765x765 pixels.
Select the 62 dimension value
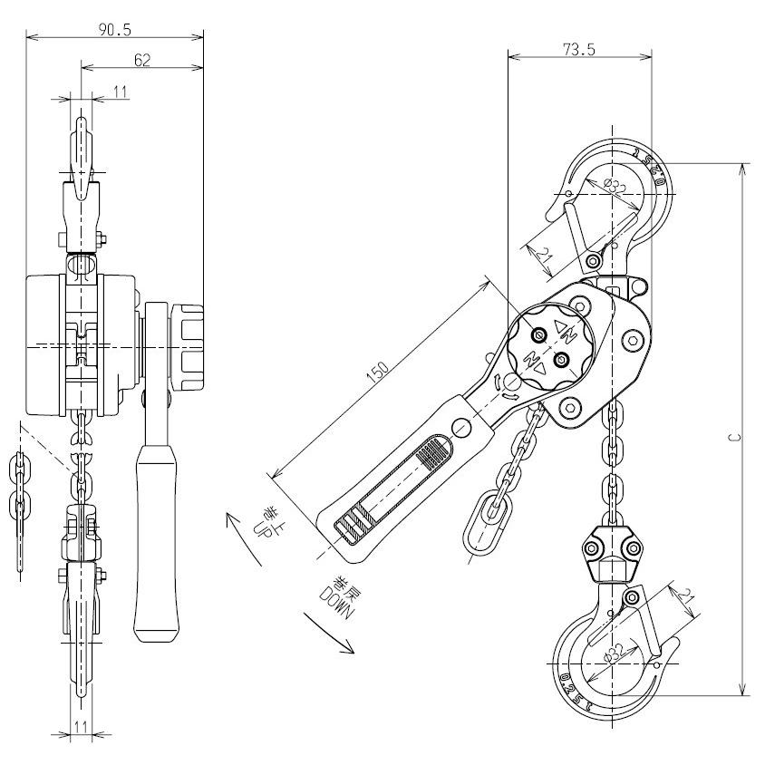click(x=141, y=60)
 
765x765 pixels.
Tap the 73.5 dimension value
click(x=578, y=51)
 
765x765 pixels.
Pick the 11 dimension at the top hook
click(x=121, y=91)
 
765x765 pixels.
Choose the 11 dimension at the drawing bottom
click(x=82, y=727)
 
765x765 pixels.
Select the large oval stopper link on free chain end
click(x=482, y=523)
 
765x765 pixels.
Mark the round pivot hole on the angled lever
click(x=462, y=426)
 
